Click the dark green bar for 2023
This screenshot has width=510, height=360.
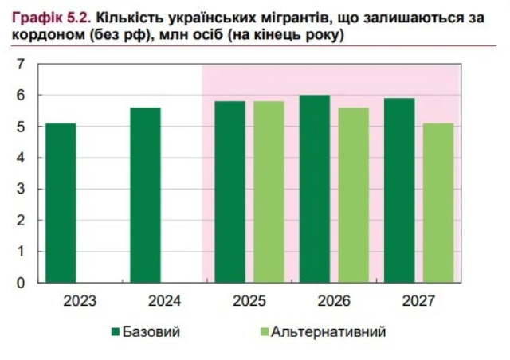tap(61, 202)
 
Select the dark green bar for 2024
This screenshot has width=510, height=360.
tap(145, 194)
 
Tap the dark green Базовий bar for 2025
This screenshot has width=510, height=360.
tap(230, 191)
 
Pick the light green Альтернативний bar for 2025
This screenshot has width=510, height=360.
tap(269, 191)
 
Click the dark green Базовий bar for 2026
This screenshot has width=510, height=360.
tap(315, 189)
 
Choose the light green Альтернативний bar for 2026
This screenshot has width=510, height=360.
tap(354, 194)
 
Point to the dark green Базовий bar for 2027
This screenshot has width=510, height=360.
tap(400, 190)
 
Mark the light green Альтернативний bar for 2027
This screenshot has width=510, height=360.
tap(438, 202)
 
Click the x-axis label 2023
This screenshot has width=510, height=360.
tap(80, 302)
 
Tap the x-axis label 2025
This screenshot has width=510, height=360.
tap(249, 302)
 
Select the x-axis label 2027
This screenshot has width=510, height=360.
tap(419, 302)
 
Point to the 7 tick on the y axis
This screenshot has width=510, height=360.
tap(22, 65)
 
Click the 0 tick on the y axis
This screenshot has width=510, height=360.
tap(22, 283)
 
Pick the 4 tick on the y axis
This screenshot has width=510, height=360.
tap(22, 158)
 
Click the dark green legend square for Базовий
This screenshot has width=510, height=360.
tap(115, 331)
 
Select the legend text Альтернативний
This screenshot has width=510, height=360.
tap(328, 331)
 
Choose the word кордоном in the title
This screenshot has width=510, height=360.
tap(43, 37)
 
